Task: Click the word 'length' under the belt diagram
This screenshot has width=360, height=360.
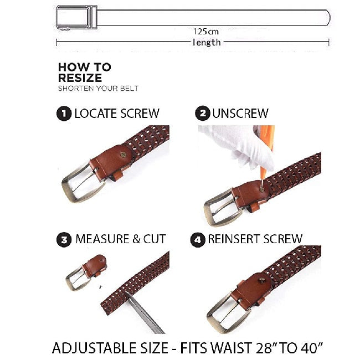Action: click(x=206, y=42)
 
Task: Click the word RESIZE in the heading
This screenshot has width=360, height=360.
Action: click(x=80, y=78)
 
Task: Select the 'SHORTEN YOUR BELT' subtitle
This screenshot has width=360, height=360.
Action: click(x=98, y=89)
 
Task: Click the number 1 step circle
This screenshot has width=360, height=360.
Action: click(x=64, y=114)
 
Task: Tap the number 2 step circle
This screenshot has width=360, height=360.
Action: click(x=203, y=114)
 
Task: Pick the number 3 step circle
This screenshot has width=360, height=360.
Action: click(x=64, y=240)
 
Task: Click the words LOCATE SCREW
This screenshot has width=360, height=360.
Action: click(x=117, y=114)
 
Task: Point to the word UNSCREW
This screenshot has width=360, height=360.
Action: click(x=240, y=114)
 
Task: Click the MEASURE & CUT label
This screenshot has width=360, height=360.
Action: click(x=121, y=240)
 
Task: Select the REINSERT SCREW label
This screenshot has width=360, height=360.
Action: click(x=255, y=240)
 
